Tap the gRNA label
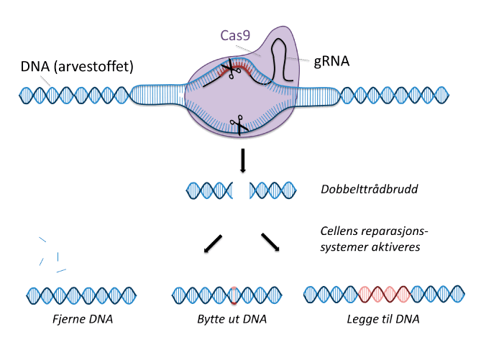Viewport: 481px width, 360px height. point(332,62)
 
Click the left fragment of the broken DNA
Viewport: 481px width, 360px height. point(211,190)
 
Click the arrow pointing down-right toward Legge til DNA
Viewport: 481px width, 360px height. point(270,241)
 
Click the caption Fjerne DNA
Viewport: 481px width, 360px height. point(81,318)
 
